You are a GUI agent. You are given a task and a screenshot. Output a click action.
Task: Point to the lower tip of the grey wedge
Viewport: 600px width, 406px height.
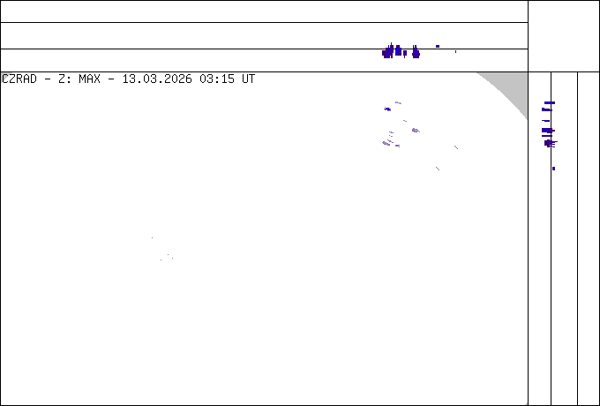pos(527,119)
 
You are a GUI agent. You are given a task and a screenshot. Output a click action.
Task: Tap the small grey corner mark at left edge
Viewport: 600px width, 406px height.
pos(4,77)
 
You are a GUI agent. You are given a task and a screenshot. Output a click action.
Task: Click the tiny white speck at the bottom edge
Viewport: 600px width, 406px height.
pos(526,403)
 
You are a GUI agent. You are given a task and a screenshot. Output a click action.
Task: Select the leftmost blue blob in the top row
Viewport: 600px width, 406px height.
pos(386,53)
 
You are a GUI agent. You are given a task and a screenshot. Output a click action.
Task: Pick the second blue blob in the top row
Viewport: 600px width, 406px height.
pos(398,51)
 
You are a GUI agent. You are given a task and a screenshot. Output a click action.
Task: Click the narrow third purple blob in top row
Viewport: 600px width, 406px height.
pos(405,53)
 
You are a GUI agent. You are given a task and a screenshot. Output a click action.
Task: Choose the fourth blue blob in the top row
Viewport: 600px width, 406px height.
pos(416,52)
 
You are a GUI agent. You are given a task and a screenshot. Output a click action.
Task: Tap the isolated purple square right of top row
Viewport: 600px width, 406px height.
pos(437,46)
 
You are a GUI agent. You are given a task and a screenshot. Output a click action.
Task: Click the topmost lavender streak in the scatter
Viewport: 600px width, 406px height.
pos(398,102)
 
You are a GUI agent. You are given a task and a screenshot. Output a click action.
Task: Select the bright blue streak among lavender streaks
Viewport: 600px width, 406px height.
pos(387,109)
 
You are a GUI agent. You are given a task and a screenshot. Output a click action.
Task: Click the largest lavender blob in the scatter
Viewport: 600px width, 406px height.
pos(415,131)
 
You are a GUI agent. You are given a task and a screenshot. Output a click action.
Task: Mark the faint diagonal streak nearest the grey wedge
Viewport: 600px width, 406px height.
pos(455,147)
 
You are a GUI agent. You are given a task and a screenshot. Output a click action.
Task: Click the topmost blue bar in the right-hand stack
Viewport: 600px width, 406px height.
pos(549,103)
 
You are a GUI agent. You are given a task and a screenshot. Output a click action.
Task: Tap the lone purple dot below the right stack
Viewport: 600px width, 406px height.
pos(553,168)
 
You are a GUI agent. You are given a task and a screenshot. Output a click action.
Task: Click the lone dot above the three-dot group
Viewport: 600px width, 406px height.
pos(152,237)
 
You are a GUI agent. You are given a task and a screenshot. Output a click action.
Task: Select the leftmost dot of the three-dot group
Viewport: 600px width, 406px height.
pos(161,259)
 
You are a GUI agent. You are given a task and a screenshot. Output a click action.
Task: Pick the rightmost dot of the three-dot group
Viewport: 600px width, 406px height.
pos(172,258)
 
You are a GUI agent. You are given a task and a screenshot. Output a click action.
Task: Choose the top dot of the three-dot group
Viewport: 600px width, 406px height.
pos(167,255)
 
